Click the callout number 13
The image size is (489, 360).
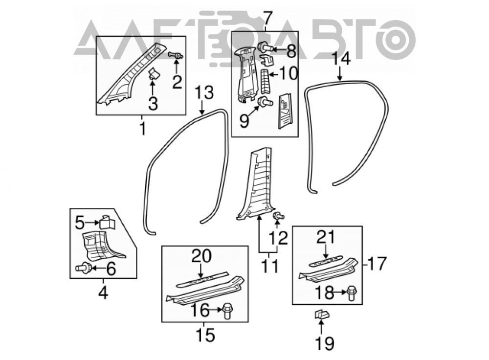(204, 92)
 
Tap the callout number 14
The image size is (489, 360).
(341, 59)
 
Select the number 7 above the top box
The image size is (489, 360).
(267, 19)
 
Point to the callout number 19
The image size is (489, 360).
(325, 343)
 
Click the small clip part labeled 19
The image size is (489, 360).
(322, 315)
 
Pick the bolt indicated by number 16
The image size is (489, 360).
(228, 311)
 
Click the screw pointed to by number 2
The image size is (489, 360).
(176, 56)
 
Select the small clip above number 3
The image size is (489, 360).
(153, 74)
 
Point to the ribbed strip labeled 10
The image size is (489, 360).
(265, 81)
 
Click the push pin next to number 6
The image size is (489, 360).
(83, 268)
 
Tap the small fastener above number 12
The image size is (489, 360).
(278, 216)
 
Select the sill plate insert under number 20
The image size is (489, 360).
(202, 280)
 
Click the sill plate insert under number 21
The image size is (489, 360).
(326, 261)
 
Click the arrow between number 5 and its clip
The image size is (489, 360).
(92, 223)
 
